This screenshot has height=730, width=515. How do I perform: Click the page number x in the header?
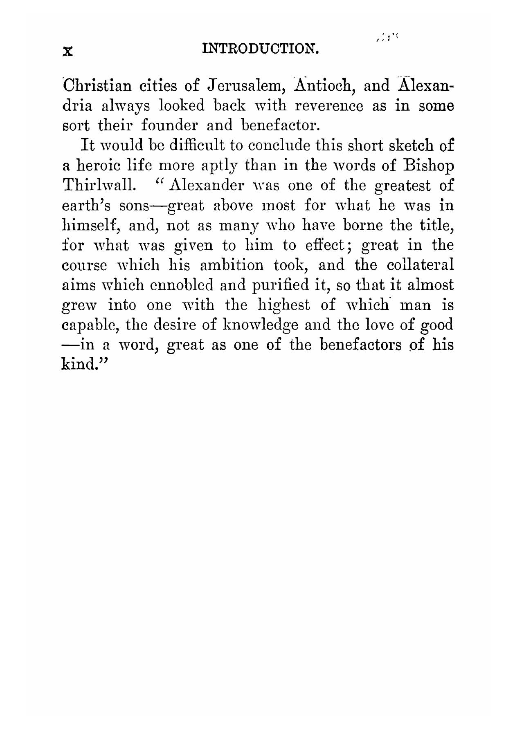tap(68, 52)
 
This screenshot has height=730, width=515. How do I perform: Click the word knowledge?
tap(255, 325)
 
